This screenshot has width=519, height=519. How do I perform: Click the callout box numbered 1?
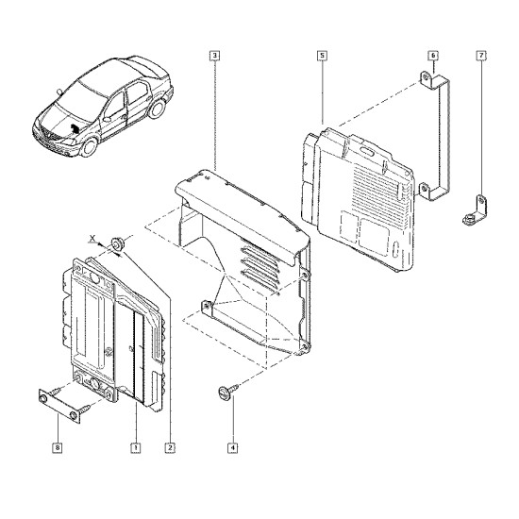(x=135, y=448)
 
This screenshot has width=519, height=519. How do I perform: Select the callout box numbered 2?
(x=170, y=448)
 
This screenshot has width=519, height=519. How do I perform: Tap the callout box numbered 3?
(x=215, y=56)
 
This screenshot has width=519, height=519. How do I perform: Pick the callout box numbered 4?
(x=233, y=448)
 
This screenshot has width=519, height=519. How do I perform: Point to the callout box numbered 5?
(x=322, y=56)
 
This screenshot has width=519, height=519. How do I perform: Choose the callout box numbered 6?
(x=433, y=56)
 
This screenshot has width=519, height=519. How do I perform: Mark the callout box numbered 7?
(x=481, y=56)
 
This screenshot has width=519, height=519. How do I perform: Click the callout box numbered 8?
(x=58, y=448)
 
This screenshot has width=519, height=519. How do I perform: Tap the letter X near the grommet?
(x=93, y=238)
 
